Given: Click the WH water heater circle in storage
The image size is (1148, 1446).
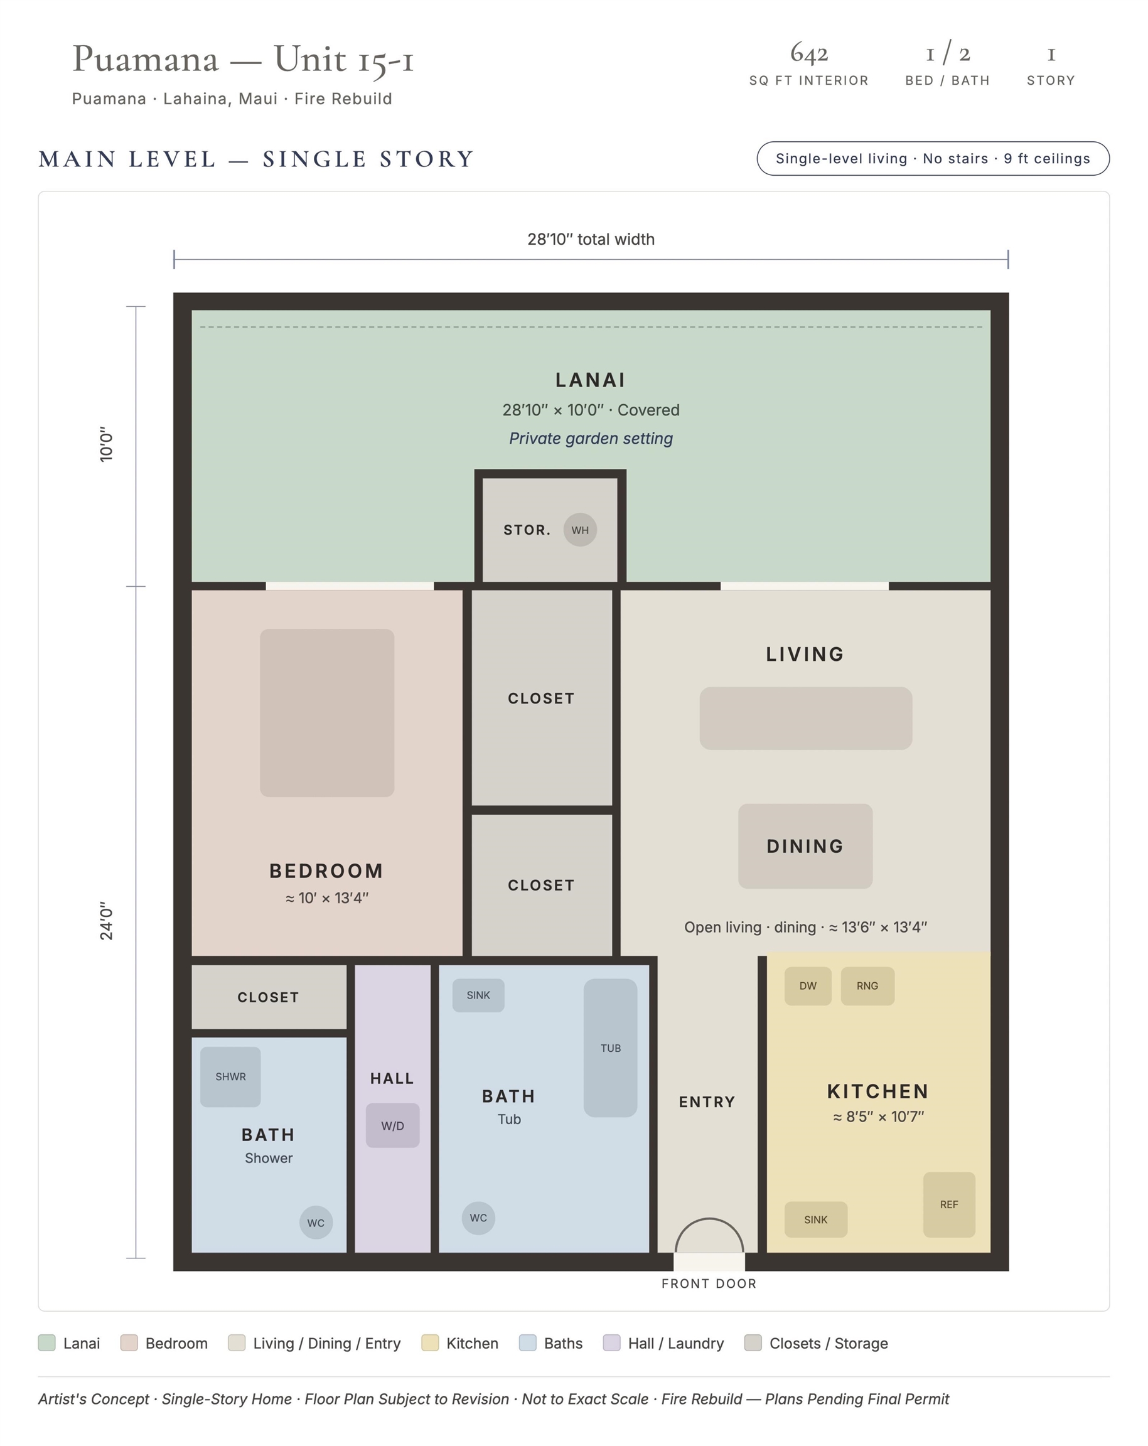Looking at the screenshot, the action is click(x=580, y=530).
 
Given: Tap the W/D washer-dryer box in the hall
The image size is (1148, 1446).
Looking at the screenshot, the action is click(x=393, y=1125).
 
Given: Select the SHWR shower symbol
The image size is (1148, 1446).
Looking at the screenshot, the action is click(x=231, y=1076).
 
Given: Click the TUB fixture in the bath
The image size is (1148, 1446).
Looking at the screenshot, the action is click(x=610, y=1047).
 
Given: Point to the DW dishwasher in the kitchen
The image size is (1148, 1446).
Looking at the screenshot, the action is click(x=808, y=986).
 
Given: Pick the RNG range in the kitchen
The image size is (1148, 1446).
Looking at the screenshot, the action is click(x=867, y=986).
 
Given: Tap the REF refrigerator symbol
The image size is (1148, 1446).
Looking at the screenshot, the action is click(x=950, y=1204).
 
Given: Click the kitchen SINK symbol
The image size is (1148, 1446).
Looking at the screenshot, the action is click(x=816, y=1219).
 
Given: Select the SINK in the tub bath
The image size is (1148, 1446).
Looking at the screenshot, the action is click(x=478, y=995).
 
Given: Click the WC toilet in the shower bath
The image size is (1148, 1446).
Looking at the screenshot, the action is click(x=316, y=1223).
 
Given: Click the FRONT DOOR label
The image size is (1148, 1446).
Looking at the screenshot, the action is click(x=709, y=1283).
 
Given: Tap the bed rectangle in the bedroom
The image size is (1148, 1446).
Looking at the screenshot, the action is click(x=327, y=713).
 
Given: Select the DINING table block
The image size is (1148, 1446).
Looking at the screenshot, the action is click(x=805, y=847).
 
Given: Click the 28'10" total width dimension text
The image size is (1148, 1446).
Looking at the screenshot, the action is click(x=591, y=240).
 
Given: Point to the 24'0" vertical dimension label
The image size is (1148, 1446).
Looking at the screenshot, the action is click(x=107, y=921).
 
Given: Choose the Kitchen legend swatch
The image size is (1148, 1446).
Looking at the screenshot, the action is click(x=430, y=1342).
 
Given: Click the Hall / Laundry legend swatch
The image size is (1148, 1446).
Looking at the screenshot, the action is click(x=611, y=1342).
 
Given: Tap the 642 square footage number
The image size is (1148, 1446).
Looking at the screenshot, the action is click(x=809, y=53).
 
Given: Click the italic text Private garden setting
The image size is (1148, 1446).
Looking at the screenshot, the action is click(x=591, y=439).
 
